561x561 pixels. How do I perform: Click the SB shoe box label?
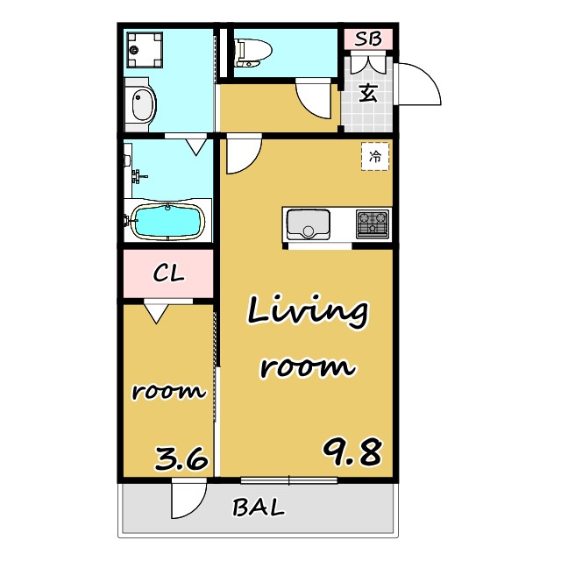click(x=368, y=39)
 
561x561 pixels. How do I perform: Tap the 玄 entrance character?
click(x=368, y=94)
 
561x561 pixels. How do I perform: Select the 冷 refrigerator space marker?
click(x=375, y=156)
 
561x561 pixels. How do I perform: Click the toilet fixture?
click(x=253, y=53)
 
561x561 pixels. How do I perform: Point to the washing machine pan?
click(x=145, y=50)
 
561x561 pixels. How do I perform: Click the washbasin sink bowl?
click(x=143, y=105)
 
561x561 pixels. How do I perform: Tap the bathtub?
click(x=167, y=222)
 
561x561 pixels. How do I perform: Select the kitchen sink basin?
click(x=308, y=224)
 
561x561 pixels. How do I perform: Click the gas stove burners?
click(x=373, y=224)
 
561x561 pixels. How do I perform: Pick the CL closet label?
click(x=168, y=273)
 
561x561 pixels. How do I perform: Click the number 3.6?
click(x=181, y=458)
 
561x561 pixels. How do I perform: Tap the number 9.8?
click(x=352, y=452)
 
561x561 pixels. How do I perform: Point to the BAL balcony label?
click(x=259, y=508)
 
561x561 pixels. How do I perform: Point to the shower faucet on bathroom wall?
click(x=138, y=176)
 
